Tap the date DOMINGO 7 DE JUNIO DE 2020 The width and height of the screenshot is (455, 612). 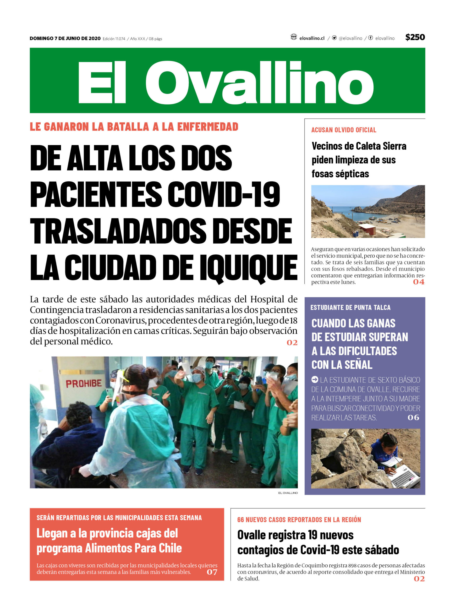point(65,38)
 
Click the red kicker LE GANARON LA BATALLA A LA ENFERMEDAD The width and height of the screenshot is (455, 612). point(134,127)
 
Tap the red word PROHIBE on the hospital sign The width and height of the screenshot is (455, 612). point(83,383)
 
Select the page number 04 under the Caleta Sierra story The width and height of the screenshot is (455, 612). point(418,282)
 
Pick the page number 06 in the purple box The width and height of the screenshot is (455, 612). point(413,417)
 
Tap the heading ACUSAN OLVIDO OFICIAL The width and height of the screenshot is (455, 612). point(343,130)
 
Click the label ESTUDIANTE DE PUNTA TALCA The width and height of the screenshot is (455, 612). point(350,307)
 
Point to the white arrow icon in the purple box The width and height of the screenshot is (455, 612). point(315,380)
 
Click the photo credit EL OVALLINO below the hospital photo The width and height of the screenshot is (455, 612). point(288,493)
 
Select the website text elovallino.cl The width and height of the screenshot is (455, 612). point(312,38)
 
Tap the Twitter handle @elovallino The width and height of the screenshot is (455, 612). point(350,38)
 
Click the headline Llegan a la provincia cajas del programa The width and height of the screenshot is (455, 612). point(109,541)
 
